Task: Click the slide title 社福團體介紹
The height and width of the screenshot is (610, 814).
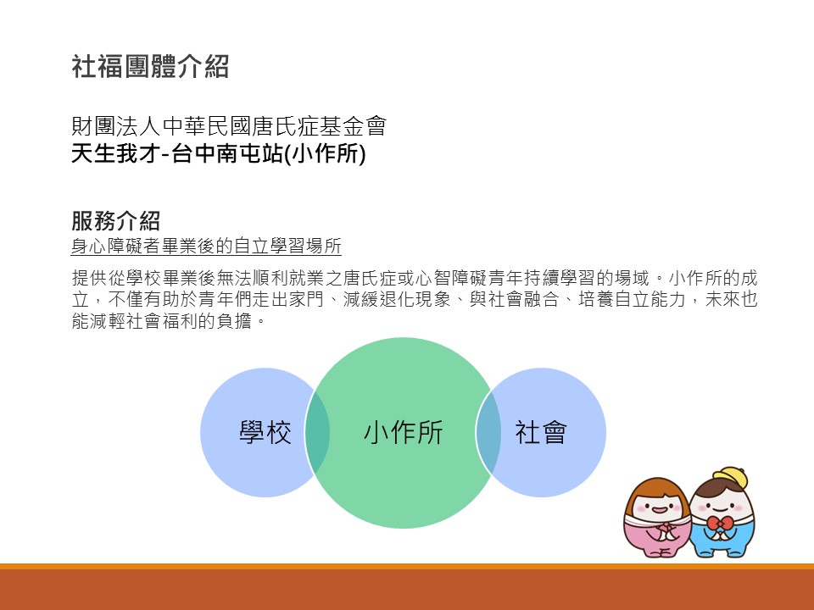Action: [150, 67]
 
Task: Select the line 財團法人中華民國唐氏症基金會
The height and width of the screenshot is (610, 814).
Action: [229, 126]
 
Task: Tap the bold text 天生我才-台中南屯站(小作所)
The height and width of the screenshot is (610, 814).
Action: [219, 153]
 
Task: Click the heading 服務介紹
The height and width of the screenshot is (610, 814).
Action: [116, 221]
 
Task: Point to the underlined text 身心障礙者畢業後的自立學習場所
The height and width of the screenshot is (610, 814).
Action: [206, 246]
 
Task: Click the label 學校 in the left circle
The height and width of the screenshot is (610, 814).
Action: [265, 432]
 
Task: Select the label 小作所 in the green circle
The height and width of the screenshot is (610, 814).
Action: [404, 432]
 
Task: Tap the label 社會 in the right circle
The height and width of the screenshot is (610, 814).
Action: [540, 432]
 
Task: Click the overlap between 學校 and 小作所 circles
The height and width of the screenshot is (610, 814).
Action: [317, 432]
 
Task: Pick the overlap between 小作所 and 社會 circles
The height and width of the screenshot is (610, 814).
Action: [488, 432]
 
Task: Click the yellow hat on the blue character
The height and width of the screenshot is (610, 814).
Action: [731, 476]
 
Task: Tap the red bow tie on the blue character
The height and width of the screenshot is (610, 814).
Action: [720, 523]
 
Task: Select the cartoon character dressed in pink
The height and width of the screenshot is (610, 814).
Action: [657, 518]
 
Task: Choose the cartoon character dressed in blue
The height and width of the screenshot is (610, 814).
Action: [722, 513]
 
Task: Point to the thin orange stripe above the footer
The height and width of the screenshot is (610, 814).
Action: [407, 566]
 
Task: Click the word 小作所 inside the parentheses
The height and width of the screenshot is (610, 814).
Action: [326, 153]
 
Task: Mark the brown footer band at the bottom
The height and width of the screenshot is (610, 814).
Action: [407, 590]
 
